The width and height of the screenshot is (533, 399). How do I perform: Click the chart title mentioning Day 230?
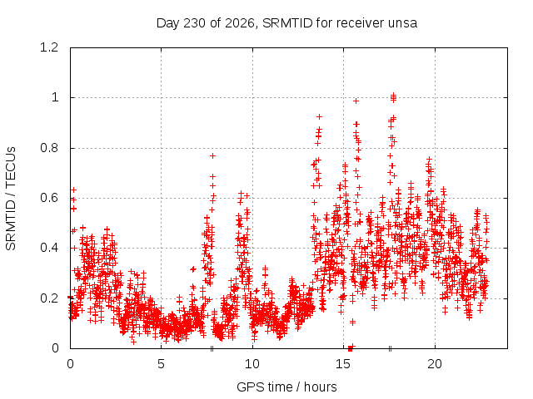click(x=286, y=23)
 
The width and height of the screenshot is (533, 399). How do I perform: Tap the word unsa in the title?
click(x=404, y=23)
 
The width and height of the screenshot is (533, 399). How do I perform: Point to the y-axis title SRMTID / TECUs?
click(x=11, y=199)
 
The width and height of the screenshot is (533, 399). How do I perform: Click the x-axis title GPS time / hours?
click(x=286, y=387)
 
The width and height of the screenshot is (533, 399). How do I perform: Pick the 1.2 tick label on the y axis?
click(x=49, y=47)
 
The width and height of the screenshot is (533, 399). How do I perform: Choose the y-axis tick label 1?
click(x=55, y=98)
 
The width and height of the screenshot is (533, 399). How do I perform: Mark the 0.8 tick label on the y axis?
click(x=49, y=148)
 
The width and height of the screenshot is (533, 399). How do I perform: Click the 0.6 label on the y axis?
click(x=49, y=198)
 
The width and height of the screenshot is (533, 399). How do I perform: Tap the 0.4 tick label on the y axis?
click(x=49, y=248)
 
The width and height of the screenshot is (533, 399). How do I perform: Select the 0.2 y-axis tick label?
click(x=49, y=298)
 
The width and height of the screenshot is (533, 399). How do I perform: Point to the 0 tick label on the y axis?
click(x=55, y=348)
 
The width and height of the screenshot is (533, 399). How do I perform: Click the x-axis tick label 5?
click(x=161, y=364)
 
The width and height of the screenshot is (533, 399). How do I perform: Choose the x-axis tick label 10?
click(x=252, y=364)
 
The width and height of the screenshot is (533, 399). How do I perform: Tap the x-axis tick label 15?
click(x=343, y=364)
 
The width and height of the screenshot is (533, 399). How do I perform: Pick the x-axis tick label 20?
click(x=435, y=364)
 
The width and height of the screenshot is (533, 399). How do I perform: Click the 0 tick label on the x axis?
click(x=70, y=364)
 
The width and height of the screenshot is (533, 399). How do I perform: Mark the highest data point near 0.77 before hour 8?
click(x=213, y=155)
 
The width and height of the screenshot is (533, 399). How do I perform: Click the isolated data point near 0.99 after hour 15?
click(x=356, y=101)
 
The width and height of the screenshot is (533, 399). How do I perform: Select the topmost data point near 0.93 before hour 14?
click(x=319, y=116)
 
